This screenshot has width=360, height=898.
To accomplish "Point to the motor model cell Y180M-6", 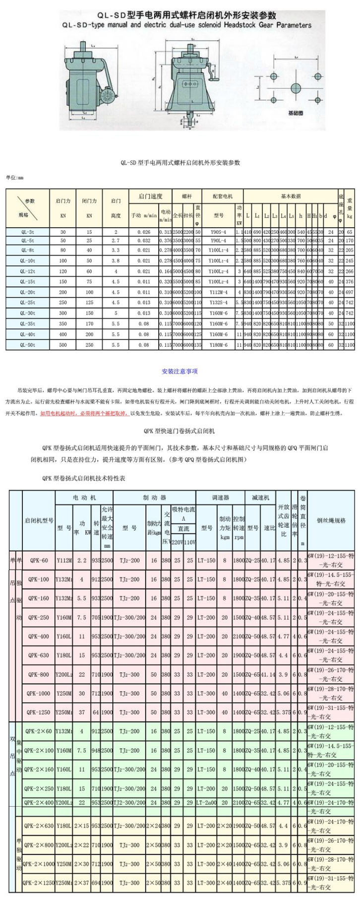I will click(218, 345).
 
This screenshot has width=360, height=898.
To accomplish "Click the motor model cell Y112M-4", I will click(218, 293).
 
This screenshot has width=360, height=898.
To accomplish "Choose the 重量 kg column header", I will click(350, 208).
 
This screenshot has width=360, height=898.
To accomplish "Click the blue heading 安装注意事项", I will click(180, 371).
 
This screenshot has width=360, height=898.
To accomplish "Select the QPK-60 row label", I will click(39, 561).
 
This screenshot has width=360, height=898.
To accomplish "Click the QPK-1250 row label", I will click(39, 712).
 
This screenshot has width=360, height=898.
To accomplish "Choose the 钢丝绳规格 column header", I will click(331, 520).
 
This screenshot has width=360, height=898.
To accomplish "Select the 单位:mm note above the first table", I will click(15, 178).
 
